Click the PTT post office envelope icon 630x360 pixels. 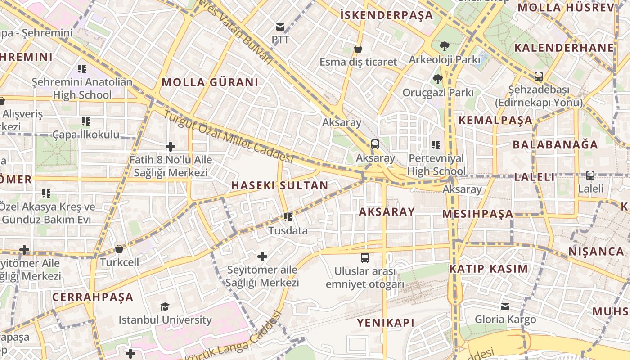click(x=280, y=27)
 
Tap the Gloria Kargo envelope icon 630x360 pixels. click(x=505, y=306)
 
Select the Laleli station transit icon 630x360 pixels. click(x=590, y=175)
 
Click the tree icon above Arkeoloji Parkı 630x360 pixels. click(x=445, y=46)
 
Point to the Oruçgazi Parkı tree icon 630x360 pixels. click(x=437, y=80)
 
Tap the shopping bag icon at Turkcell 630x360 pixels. click(x=119, y=249)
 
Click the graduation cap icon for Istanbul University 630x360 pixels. click(x=165, y=307)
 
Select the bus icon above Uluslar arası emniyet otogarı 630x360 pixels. click(x=365, y=258)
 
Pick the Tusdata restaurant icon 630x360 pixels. click(x=288, y=217)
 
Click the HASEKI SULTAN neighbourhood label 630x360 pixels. click(x=279, y=185)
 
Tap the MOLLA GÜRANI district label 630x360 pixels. click(x=210, y=82)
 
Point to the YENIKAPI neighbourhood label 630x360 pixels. click(x=386, y=323)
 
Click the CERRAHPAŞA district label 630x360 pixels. click(x=93, y=297)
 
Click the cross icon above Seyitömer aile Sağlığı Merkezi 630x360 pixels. click(x=262, y=256)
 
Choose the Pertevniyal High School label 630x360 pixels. click(x=436, y=165)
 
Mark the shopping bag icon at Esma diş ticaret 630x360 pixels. click(x=358, y=49)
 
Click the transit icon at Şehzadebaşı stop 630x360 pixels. click(x=538, y=76)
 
